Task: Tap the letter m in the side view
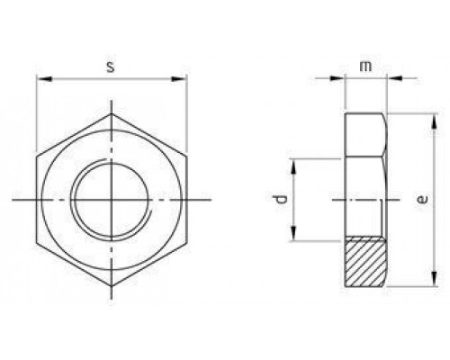tap(365, 67)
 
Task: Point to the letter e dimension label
tap(423, 200)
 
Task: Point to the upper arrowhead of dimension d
tap(294, 162)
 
